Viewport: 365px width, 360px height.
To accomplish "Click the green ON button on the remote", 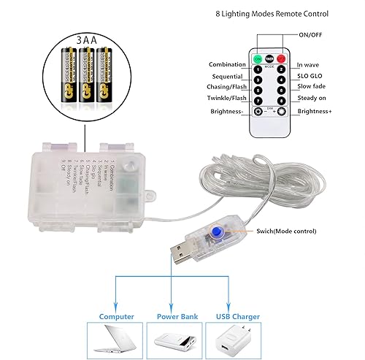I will pyautogui.click(x=257, y=58).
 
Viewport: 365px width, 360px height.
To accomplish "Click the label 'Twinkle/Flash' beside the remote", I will pyautogui.click(x=217, y=98).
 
